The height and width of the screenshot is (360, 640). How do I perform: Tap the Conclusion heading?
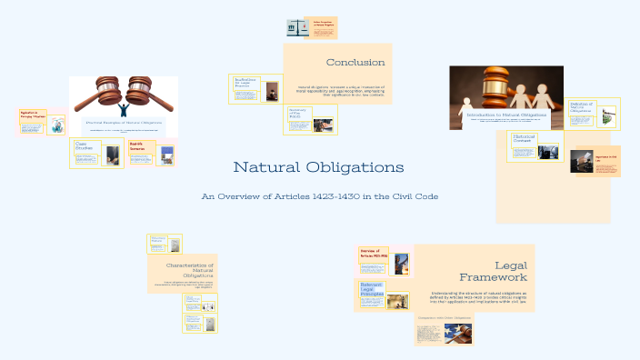[355, 62]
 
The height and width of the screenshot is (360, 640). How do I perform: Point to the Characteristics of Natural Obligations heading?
[190, 269]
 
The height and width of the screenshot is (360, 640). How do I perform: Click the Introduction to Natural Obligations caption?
[506, 115]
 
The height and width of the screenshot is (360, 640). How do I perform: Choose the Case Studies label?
[84, 145]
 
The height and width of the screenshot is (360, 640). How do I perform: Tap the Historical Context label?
[524, 138]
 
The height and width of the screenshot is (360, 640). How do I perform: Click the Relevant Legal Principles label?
[371, 289]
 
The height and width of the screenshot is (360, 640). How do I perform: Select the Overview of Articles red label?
[374, 253]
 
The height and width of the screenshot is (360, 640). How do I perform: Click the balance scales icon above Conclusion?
[296, 28]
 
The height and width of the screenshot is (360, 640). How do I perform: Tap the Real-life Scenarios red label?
[137, 145]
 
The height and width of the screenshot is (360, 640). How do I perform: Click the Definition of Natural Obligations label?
[580, 108]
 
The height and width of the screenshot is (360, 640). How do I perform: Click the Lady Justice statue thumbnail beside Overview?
[402, 264]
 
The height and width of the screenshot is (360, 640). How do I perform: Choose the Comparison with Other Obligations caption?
[443, 318]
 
